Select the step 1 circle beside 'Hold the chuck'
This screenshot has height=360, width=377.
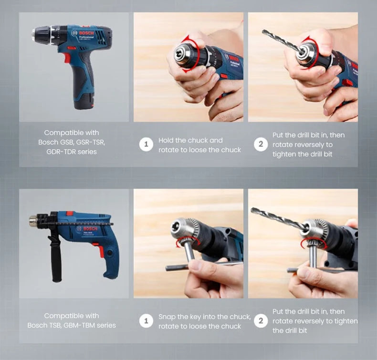[x=146, y=144]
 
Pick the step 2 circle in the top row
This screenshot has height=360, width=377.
[x=261, y=144]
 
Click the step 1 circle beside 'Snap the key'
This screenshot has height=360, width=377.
[x=146, y=321]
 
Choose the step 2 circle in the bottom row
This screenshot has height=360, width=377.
[x=261, y=321]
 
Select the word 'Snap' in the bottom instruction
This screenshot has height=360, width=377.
[x=168, y=317]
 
